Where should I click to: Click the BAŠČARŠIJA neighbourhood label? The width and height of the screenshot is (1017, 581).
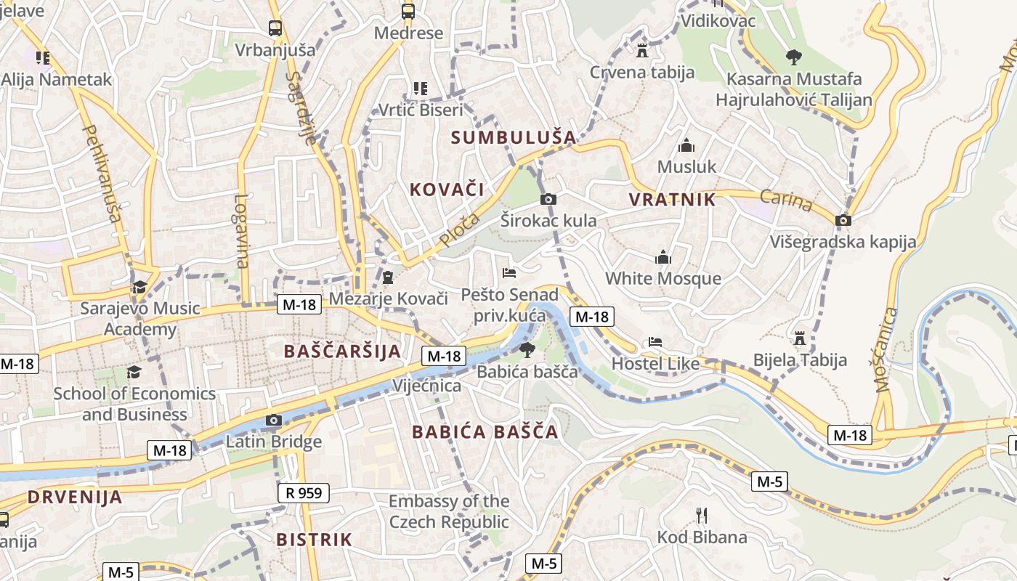[342, 352]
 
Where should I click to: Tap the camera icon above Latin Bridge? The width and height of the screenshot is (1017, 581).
[274, 420]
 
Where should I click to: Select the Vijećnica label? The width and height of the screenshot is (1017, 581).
[426, 386]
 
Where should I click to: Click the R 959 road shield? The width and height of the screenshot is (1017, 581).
[304, 494]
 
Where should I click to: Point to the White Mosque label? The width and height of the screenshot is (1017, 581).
[663, 279]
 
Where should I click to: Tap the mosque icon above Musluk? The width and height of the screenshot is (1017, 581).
[686, 146]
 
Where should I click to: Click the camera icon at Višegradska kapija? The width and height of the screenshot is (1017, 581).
[843, 220]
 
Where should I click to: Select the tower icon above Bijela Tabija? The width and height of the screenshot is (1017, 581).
[800, 338]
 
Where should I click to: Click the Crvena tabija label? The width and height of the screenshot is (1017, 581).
[642, 73]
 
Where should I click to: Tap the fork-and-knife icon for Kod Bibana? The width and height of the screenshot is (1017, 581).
[701, 516]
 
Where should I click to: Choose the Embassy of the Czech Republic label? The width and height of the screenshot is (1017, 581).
[449, 511]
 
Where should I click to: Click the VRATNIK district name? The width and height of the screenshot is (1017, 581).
[672, 200]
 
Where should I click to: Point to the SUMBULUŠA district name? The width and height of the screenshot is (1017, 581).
[514, 137]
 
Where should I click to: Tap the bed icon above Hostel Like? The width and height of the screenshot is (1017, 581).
[655, 341]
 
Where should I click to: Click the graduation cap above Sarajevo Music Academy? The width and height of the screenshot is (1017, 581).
[139, 287]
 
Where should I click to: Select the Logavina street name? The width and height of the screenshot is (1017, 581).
[242, 231]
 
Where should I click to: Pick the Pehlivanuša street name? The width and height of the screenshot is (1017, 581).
[102, 174]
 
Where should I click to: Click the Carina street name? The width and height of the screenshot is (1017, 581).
[786, 200]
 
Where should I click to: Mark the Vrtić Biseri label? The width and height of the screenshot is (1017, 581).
[421, 110]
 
